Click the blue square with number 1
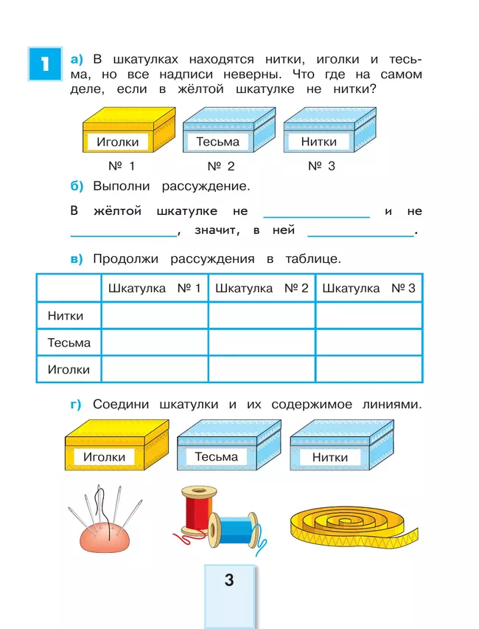[44, 64]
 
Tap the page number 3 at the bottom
[228, 580]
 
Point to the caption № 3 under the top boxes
[321, 166]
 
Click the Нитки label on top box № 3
[319, 142]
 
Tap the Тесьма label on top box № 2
[217, 142]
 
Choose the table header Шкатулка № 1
[154, 288]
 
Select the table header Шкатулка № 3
[368, 288]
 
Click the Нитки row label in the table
[66, 316]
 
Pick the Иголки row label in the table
[69, 369]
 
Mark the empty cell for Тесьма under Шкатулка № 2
[262, 343]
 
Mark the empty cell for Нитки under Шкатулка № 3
[368, 316]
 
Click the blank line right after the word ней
[360, 235]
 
